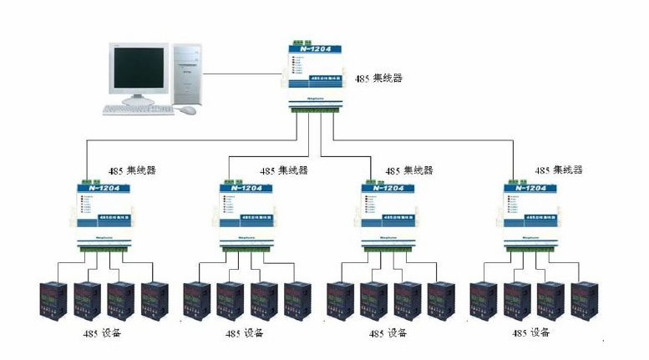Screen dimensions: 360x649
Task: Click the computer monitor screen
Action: coord(139,69)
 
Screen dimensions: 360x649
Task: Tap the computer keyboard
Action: coord(138,109)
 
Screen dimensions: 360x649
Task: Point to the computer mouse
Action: coord(189,109)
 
